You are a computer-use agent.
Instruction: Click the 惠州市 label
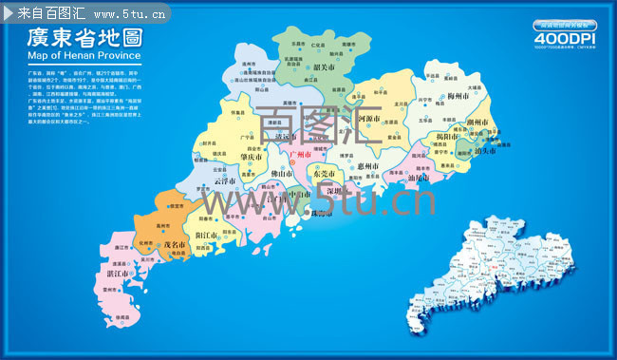(x=363, y=167)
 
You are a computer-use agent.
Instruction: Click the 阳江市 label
(x=207, y=234)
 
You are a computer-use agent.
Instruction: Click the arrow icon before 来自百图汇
(x=9, y=14)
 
